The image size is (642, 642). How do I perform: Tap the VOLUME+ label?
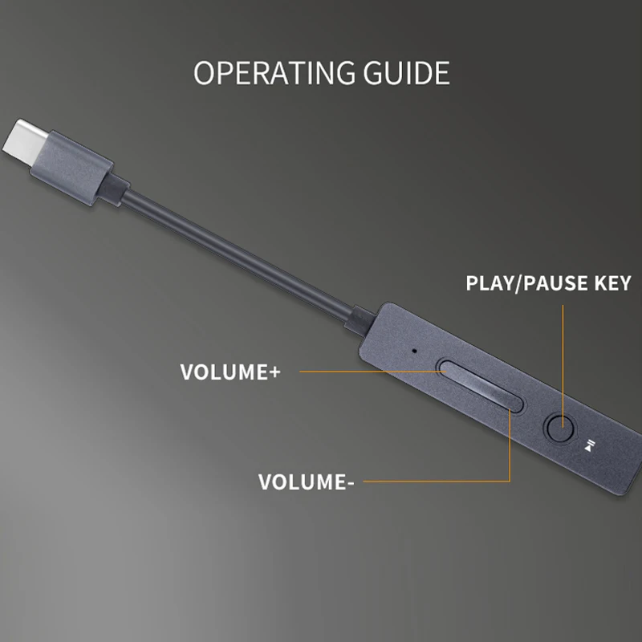[229, 372]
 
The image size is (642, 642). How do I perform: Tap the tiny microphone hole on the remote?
[414, 351]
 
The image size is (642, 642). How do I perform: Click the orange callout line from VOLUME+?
[369, 372]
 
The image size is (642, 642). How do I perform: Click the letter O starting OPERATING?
[204, 73]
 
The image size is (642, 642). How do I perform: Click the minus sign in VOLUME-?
[350, 483]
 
